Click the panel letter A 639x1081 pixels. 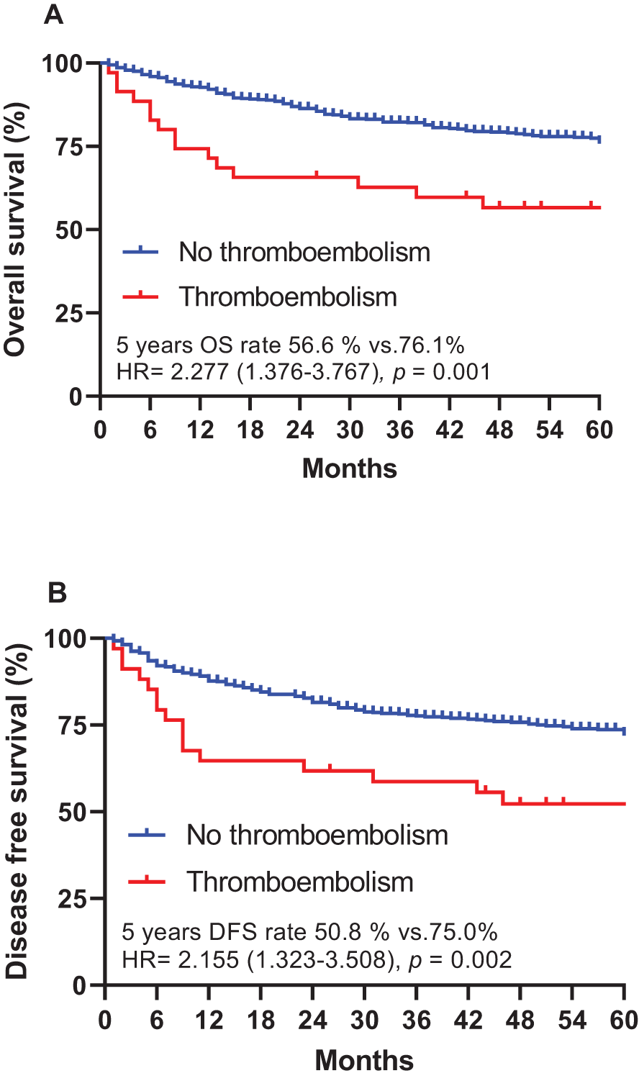pos(53,14)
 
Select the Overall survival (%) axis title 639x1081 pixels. pos(16,230)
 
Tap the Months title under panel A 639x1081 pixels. pos(349,469)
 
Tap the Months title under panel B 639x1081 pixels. pos(364,1060)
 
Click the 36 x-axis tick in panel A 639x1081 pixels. pos(399,430)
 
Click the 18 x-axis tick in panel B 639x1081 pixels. pos(260,1021)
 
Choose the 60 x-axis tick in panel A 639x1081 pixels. pos(599,430)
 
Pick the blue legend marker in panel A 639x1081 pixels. pos(140,251)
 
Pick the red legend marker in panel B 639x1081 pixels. pos(146,881)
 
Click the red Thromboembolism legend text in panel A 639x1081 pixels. pos(288,297)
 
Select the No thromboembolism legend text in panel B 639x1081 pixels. pos(317,835)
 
